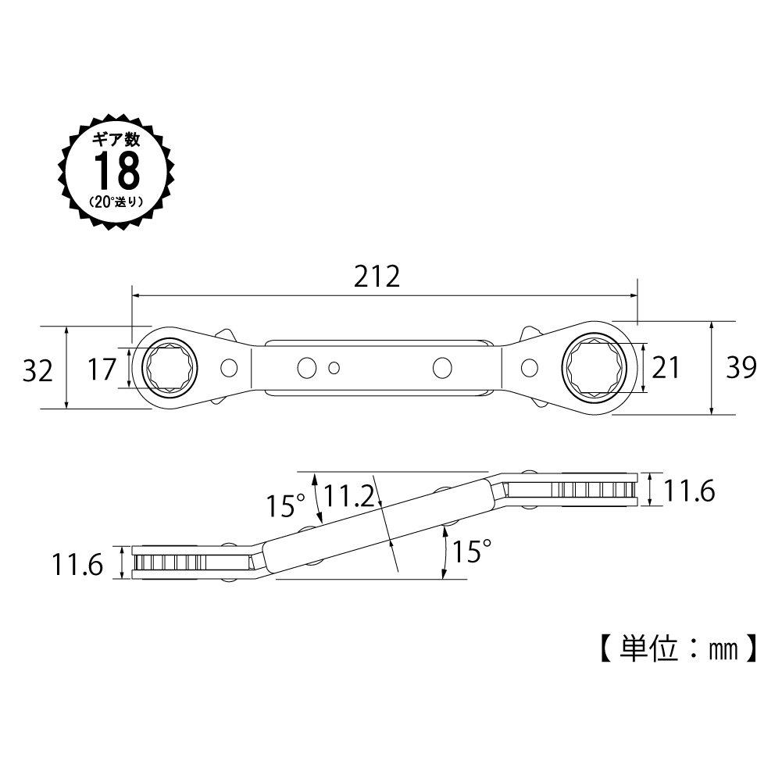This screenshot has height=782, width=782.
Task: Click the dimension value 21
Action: tap(666, 366)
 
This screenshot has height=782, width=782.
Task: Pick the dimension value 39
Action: tap(740, 367)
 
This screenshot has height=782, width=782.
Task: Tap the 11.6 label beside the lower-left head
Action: tap(78, 564)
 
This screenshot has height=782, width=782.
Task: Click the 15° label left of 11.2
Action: tap(283, 506)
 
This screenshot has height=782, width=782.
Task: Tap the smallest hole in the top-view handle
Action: tap(334, 367)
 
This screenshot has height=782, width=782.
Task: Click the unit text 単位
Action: tap(650, 648)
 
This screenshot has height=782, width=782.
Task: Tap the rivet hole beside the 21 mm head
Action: tap(530, 366)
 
